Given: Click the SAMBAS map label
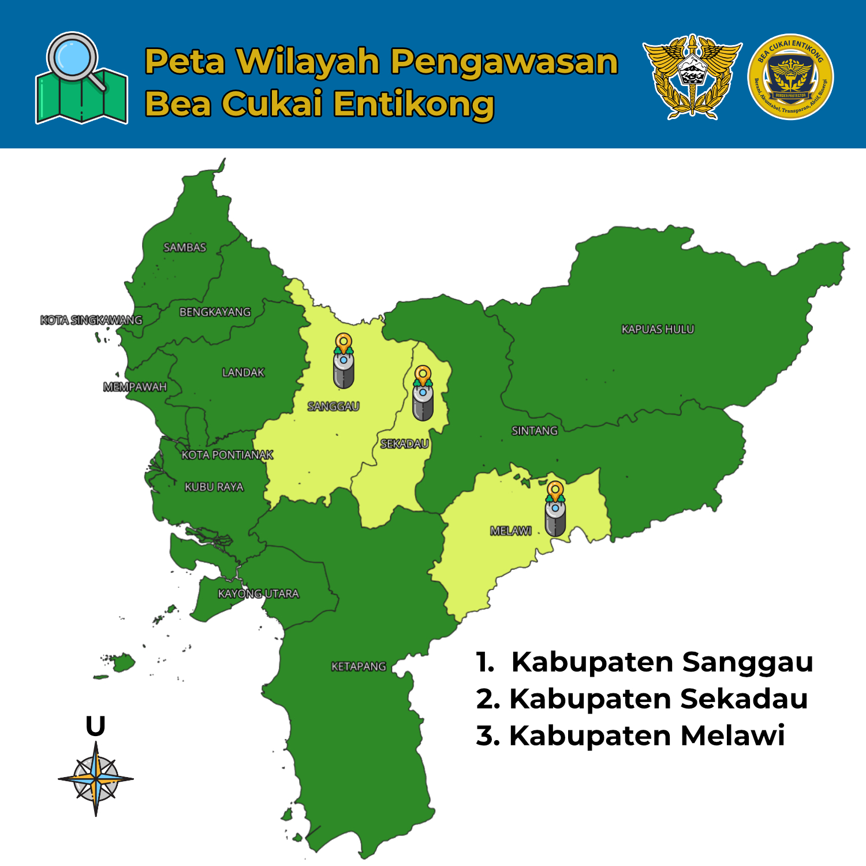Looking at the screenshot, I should pyautogui.click(x=185, y=248).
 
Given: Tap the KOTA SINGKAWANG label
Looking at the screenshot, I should pyautogui.click(x=91, y=320).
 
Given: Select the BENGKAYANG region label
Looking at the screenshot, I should pyautogui.click(x=215, y=312).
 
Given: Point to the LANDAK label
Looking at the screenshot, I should pyautogui.click(x=243, y=372).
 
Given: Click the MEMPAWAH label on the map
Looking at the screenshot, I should pyautogui.click(x=135, y=387).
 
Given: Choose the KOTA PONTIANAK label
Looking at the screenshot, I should pyautogui.click(x=227, y=455).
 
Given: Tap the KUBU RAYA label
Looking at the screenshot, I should pyautogui.click(x=214, y=487).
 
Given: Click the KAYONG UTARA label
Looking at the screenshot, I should pyautogui.click(x=258, y=593).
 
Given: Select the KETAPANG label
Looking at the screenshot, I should pyautogui.click(x=359, y=666).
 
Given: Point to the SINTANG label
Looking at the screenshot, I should pyautogui.click(x=535, y=431).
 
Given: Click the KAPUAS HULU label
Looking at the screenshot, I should pyautogui.click(x=658, y=329).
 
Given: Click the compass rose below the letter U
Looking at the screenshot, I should pyautogui.click(x=96, y=779).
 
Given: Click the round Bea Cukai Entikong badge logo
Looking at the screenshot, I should pyautogui.click(x=790, y=77).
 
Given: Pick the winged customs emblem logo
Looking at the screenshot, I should pyautogui.click(x=692, y=77).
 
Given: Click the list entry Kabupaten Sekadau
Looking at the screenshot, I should pyautogui.click(x=642, y=699).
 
